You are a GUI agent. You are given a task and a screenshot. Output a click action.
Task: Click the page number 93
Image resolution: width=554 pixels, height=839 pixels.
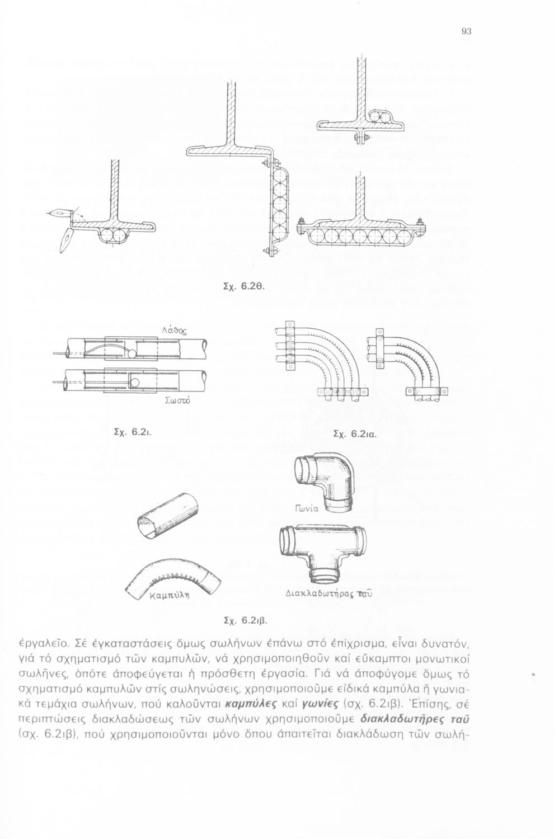[466, 32]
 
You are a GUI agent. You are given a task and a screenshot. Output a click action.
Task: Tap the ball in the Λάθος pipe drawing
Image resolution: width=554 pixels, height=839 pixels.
[130, 355]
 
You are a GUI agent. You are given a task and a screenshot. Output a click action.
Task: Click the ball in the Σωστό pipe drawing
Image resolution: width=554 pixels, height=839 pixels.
[135, 382]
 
